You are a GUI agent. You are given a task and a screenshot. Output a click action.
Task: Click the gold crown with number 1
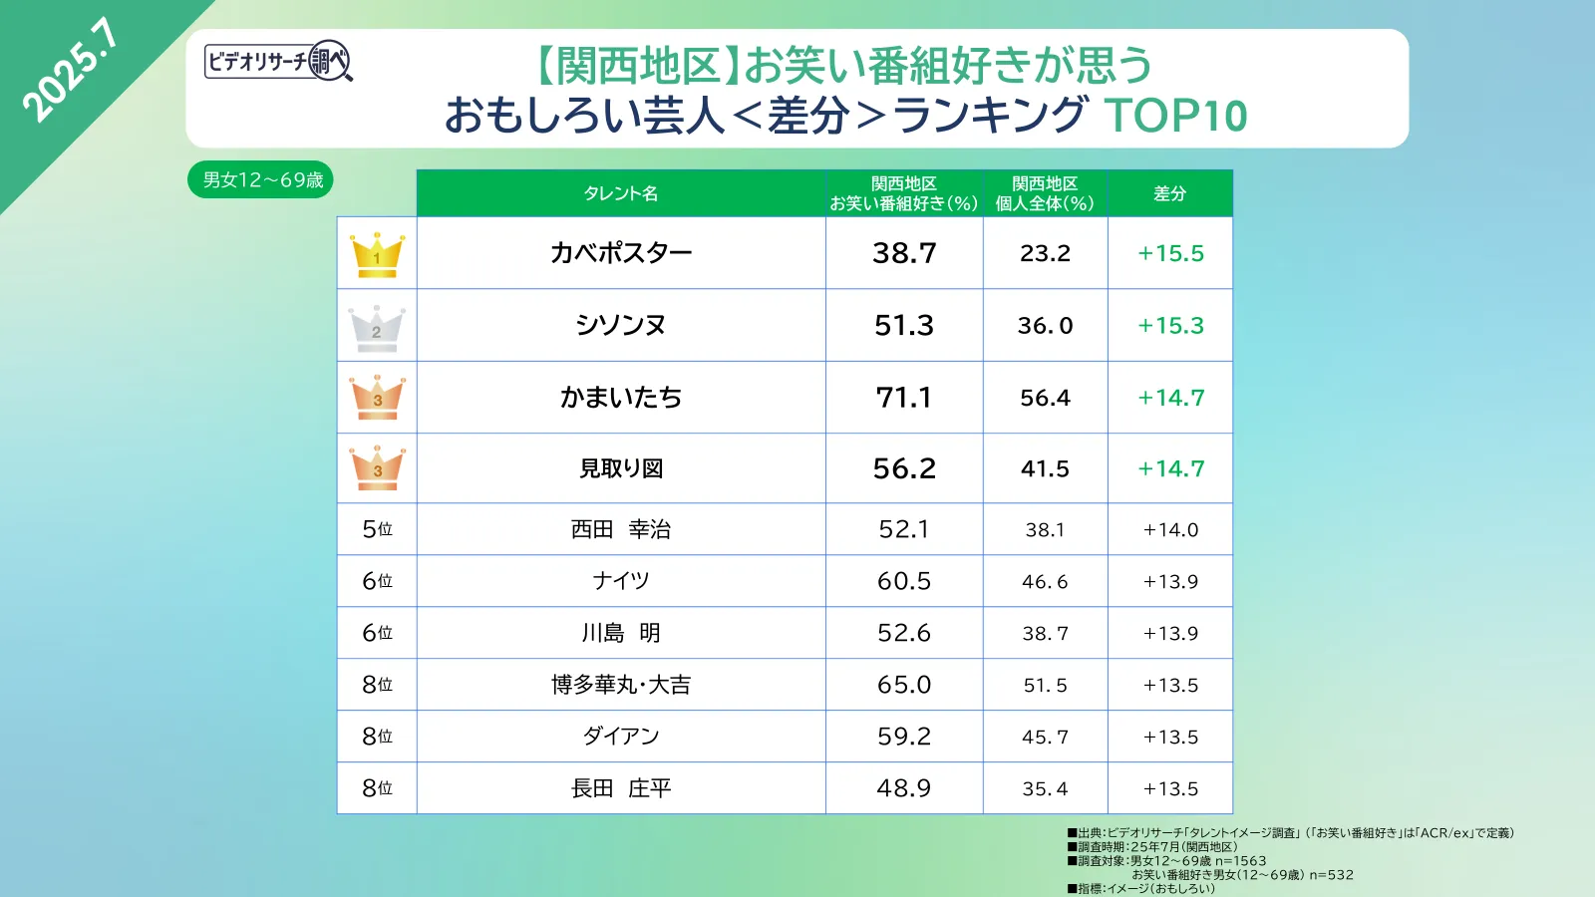point(377,255)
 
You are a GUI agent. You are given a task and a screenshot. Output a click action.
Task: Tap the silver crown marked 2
point(377,327)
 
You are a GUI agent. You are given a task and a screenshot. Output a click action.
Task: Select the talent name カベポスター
point(621,253)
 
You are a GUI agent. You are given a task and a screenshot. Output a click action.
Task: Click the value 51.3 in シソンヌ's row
point(904,326)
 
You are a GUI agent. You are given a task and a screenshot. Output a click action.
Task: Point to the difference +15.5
point(1170,253)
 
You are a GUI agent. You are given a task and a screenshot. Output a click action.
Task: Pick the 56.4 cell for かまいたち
point(1045,398)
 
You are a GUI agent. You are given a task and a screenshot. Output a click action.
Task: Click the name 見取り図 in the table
point(621,468)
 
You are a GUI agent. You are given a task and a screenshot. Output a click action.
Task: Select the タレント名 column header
point(621,193)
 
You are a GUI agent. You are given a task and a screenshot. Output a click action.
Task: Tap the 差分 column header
point(1170,193)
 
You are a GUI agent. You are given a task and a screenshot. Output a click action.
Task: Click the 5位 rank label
point(377,529)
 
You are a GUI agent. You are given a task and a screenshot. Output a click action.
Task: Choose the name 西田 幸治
point(621,529)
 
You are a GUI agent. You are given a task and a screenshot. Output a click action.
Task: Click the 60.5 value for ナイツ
point(904,581)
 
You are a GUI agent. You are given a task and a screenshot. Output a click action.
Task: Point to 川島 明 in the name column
point(621,633)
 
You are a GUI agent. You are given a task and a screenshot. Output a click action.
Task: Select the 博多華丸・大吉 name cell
point(621,685)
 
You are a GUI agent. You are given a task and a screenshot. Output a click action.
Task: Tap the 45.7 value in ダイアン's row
point(1045,737)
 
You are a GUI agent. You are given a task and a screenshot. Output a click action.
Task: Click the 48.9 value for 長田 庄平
point(904,788)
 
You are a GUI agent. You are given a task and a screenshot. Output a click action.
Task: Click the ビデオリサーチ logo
point(278,62)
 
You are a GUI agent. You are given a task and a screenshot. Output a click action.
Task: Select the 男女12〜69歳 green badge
point(261,180)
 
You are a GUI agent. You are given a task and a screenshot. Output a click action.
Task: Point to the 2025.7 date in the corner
point(70,70)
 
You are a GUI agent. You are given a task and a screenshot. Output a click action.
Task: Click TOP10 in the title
point(1175,116)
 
